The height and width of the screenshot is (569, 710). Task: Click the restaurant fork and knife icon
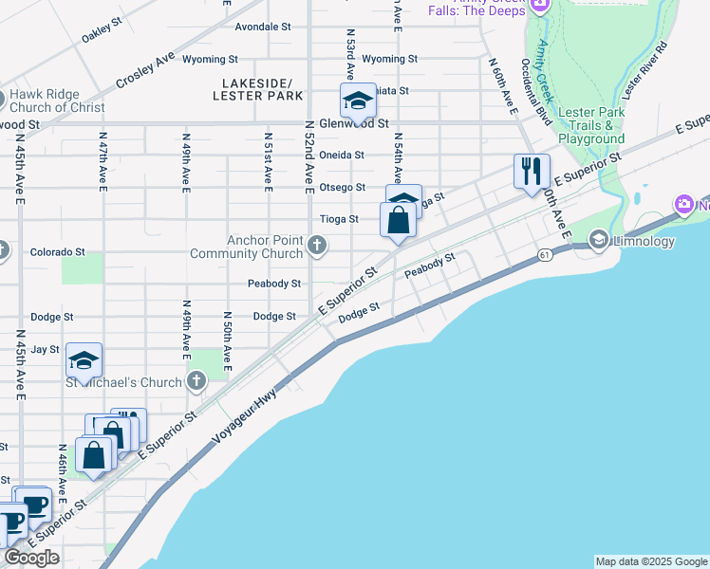532,172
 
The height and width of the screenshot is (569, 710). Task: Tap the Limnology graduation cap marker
598,241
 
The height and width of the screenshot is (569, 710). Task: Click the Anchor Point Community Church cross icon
318,248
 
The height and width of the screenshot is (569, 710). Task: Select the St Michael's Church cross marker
196,382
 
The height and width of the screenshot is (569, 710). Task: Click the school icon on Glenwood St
358,100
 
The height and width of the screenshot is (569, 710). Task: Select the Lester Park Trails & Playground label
591,125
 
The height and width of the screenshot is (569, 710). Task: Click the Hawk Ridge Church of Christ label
59,101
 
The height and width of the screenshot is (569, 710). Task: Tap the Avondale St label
263,27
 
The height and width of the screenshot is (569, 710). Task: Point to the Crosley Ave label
146,71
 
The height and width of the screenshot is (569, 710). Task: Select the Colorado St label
57,253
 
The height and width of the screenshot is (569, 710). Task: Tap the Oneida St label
342,155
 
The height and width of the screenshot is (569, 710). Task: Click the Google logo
31,558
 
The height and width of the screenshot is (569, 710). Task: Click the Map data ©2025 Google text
651,561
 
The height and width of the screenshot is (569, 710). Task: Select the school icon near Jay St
84,360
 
